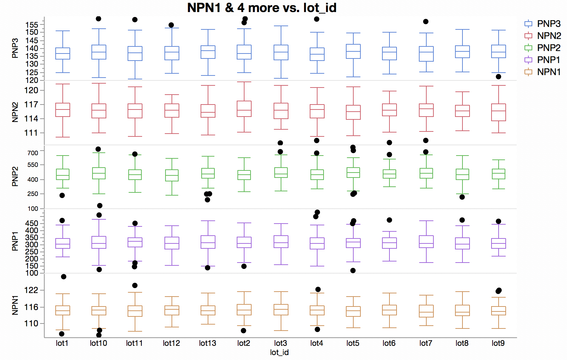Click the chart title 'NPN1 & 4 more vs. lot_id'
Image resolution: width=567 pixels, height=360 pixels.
(x=262, y=8)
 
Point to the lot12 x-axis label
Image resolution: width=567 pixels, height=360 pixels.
(x=171, y=343)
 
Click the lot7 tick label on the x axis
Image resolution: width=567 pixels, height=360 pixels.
(x=426, y=343)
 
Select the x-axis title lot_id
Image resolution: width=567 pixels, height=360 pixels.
(x=279, y=352)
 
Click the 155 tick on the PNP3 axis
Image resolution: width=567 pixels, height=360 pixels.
(x=32, y=25)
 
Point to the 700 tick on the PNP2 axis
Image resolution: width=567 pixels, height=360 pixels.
(x=33, y=153)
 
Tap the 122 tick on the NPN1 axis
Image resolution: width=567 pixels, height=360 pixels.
(x=31, y=290)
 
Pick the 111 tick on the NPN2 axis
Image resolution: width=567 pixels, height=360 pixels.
(x=31, y=133)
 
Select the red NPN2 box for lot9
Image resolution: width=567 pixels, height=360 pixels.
(x=498, y=112)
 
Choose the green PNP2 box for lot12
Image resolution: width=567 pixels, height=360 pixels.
(x=172, y=175)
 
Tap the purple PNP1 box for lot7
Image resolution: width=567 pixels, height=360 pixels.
(x=426, y=242)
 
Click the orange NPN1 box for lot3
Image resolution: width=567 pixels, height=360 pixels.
(x=281, y=310)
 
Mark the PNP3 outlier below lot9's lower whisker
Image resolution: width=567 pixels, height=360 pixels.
(x=498, y=77)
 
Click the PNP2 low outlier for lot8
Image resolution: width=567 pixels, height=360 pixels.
(x=462, y=197)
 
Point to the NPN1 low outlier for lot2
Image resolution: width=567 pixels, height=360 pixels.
(x=243, y=331)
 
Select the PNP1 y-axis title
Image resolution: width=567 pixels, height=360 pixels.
(x=15, y=241)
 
